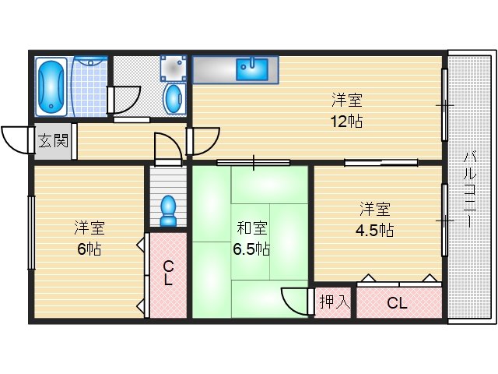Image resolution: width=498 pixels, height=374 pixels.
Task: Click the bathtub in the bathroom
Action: click(x=51, y=86)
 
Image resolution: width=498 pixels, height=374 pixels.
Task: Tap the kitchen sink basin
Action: click(x=252, y=69)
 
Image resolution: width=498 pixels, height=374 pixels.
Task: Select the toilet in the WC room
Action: click(x=168, y=210)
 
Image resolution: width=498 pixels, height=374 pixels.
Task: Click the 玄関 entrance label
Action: click(x=53, y=141)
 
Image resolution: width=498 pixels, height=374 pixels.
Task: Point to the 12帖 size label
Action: click(x=346, y=122)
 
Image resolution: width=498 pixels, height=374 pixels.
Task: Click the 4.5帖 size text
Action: click(x=375, y=230)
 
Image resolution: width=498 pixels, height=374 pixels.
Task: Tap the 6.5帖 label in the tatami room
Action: click(x=251, y=249)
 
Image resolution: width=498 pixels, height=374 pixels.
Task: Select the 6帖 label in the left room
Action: click(x=89, y=249)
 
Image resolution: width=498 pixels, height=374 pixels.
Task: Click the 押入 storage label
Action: click(x=335, y=302)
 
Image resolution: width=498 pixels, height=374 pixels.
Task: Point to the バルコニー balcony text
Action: click(x=470, y=190)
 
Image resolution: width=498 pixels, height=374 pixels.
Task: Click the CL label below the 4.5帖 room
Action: click(x=397, y=303)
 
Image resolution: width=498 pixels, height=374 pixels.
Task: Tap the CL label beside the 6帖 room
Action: click(x=168, y=273)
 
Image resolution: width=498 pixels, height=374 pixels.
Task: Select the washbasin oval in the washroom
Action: click(x=174, y=98)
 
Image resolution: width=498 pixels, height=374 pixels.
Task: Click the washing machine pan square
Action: click(x=173, y=68)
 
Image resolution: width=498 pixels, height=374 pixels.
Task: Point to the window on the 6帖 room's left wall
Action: click(x=31, y=233)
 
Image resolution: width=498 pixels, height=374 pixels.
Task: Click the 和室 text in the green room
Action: click(x=252, y=228)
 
